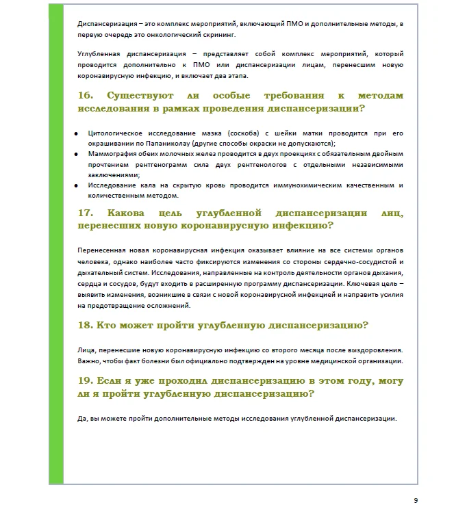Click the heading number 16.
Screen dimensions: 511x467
tap(87, 96)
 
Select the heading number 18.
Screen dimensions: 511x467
tap(86, 325)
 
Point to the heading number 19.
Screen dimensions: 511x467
tap(86, 381)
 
